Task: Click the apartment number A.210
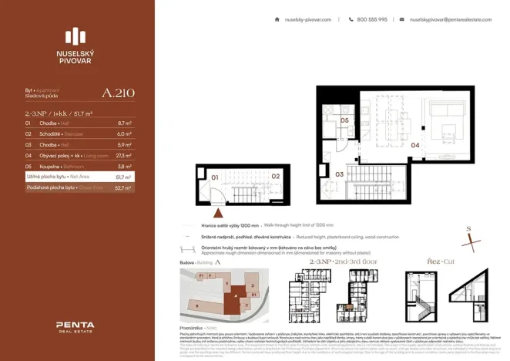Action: [x=118, y=93]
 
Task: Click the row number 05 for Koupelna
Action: [x=29, y=166]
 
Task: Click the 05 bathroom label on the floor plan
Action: [x=346, y=121]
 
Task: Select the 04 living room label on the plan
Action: [x=414, y=144]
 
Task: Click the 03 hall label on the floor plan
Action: [x=340, y=175]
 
